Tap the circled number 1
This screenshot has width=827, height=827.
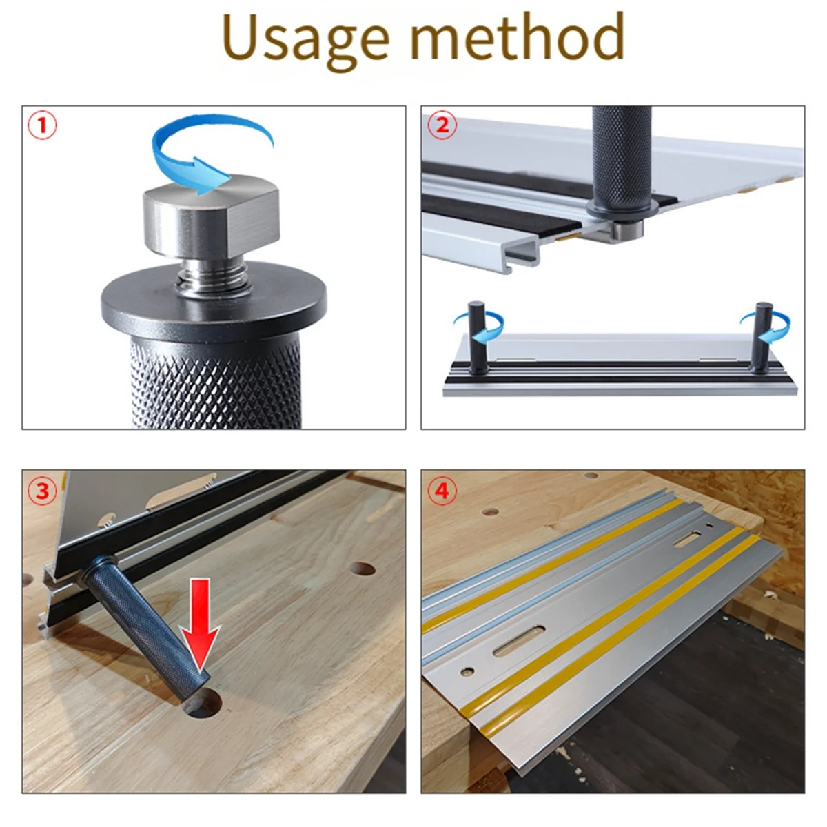click(x=42, y=126)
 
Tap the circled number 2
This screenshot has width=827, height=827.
click(x=442, y=126)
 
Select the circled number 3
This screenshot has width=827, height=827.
click(x=42, y=491)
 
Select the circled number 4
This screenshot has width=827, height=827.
click(x=442, y=491)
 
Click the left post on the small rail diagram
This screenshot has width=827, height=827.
click(x=476, y=338)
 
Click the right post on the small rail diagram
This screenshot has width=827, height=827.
click(x=762, y=338)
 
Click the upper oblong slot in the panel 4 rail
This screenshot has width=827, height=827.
click(x=688, y=539)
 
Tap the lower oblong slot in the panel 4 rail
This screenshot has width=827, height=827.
click(x=518, y=642)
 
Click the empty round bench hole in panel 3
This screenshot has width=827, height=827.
click(x=361, y=569)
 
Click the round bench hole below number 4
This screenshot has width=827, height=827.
click(x=490, y=513)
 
